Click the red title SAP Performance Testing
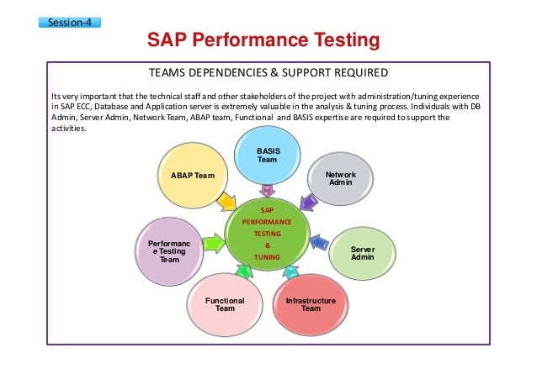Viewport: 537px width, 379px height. tap(263, 40)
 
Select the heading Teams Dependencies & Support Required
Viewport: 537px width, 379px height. tap(268, 71)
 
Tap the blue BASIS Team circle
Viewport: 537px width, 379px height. tap(268, 155)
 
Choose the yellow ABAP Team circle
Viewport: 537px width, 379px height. tap(193, 175)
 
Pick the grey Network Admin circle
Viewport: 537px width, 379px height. tap(340, 179)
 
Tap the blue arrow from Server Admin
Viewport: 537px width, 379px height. tap(318, 244)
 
